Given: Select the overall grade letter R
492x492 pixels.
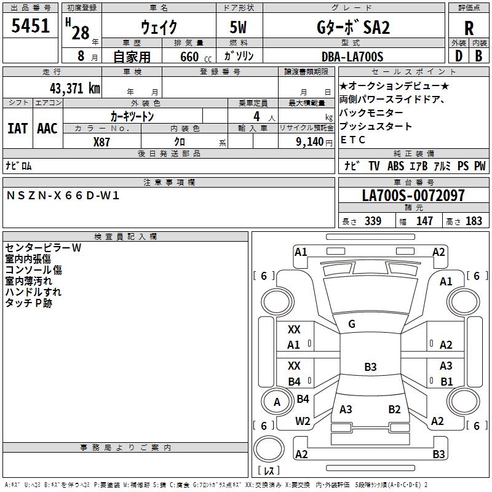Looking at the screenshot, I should (x=469, y=28).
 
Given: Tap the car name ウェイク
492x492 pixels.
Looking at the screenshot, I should (x=159, y=28).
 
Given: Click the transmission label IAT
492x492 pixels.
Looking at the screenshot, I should (x=18, y=128).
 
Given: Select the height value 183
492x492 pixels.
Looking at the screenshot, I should (x=474, y=221).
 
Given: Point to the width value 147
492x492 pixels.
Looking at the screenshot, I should (x=424, y=221).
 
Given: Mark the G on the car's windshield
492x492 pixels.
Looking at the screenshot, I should (x=351, y=324).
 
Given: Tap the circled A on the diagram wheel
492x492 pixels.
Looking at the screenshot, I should (x=277, y=402).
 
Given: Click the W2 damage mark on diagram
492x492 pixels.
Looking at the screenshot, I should (x=303, y=421).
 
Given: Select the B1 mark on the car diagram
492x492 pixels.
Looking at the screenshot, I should (x=446, y=382).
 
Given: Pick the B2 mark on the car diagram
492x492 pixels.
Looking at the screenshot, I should (x=394, y=410).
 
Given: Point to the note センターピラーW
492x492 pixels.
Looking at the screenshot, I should (x=43, y=248).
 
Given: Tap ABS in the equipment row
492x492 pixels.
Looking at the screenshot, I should (x=395, y=166).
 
